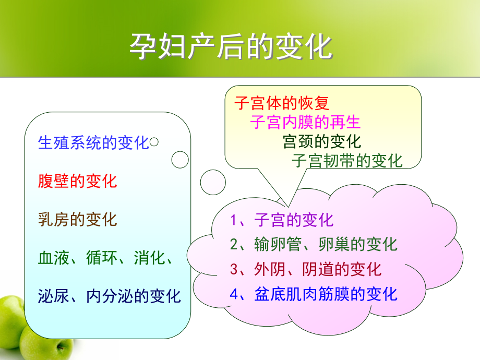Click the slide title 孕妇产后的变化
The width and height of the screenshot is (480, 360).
[231, 47]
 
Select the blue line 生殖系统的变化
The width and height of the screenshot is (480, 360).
[94, 143]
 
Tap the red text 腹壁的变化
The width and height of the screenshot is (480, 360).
[77, 181]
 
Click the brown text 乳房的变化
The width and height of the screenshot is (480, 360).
[77, 219]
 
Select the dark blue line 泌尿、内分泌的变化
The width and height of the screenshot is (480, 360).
[110, 296]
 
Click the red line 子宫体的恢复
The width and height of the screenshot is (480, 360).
[281, 103]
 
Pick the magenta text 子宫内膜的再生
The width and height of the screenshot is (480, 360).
[305, 122]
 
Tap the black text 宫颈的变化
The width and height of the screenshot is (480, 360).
[321, 141]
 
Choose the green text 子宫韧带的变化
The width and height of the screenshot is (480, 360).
[347, 161]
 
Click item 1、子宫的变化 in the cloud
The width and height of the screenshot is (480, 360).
[282, 220]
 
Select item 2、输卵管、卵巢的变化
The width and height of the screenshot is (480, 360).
[313, 244]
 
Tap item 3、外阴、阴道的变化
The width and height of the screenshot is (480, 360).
[306, 269]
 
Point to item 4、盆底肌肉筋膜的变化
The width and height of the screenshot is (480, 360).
[313, 294]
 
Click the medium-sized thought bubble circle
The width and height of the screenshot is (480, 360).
[180, 160]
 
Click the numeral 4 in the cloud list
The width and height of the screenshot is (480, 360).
[234, 294]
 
